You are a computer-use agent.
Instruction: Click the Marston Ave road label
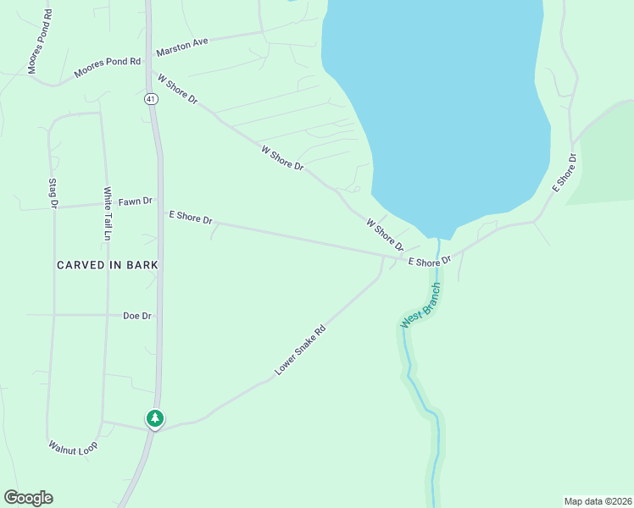click(x=182, y=42)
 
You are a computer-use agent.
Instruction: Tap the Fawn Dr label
click(x=135, y=202)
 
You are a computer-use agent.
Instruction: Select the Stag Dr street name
click(x=53, y=193)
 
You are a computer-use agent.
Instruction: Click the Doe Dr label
click(x=136, y=316)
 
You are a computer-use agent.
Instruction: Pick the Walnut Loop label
click(x=73, y=446)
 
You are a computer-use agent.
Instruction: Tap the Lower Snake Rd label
click(x=300, y=352)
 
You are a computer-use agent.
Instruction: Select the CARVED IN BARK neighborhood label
click(x=108, y=265)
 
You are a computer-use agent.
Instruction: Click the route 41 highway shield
click(x=149, y=99)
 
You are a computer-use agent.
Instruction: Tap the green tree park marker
click(x=154, y=418)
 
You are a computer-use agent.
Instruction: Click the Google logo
click(x=28, y=498)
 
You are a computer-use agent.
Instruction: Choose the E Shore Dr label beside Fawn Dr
click(x=191, y=218)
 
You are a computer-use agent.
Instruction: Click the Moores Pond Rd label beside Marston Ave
click(x=107, y=68)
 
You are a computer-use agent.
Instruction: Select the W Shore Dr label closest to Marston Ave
click(x=177, y=89)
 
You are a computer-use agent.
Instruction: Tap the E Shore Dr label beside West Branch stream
click(x=429, y=262)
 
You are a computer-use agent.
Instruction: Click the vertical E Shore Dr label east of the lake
click(x=564, y=172)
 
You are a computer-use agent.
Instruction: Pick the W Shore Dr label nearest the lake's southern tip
click(x=385, y=235)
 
